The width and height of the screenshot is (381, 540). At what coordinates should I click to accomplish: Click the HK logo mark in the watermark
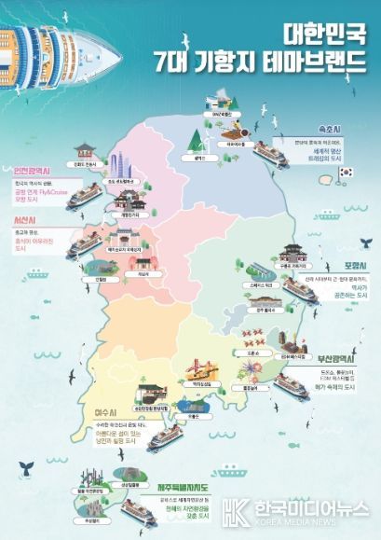coord(237,508)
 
